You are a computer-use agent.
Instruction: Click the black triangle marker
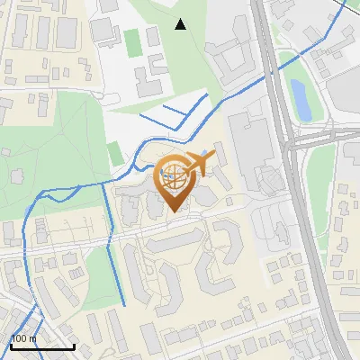tap(181, 24)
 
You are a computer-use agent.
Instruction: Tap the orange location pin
tap(174, 180)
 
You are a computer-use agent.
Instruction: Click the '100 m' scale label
tap(23, 339)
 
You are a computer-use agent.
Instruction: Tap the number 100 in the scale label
tap(19, 339)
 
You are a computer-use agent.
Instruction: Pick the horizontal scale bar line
tap(41, 346)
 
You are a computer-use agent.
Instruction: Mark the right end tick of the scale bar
tap(74, 344)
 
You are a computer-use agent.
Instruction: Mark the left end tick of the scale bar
tap(10, 344)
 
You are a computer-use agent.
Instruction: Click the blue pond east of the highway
tap(300, 99)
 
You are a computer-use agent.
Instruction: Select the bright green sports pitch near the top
tap(133, 40)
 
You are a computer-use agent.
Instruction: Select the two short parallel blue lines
tap(166, 112)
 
